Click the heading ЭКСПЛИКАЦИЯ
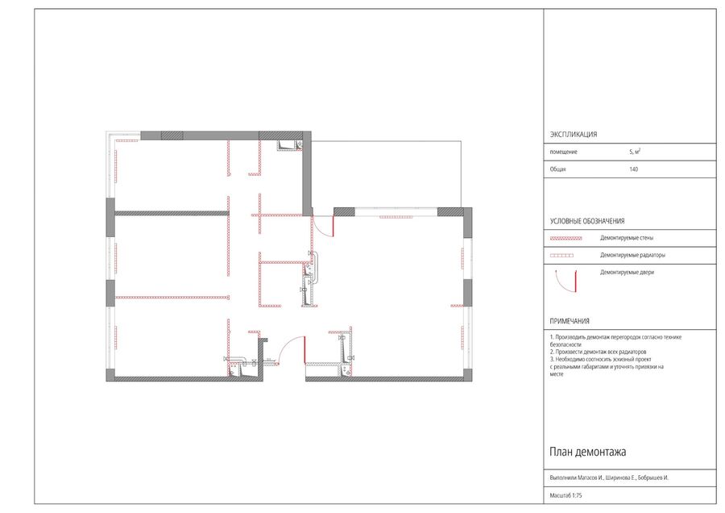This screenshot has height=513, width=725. click(574, 134)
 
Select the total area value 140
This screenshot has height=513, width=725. click(633, 169)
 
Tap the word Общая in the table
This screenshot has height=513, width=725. click(557, 169)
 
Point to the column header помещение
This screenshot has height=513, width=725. click(564, 152)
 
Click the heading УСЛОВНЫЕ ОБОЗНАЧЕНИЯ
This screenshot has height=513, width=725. click(587, 221)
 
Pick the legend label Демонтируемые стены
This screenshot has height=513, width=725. click(627, 238)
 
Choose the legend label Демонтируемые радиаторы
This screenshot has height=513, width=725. click(632, 255)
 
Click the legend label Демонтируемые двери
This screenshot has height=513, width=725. click(627, 273)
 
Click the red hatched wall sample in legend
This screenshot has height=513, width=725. click(566, 239)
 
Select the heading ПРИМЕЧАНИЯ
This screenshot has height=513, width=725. click(570, 321)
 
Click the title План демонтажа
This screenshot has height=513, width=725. click(588, 452)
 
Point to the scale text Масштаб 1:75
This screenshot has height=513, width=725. click(566, 495)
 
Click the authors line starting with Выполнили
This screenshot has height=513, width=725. click(609, 478)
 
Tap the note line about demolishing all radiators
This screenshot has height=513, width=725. click(598, 352)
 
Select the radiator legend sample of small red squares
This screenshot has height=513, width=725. click(561, 256)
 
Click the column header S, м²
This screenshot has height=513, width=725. click(635, 152)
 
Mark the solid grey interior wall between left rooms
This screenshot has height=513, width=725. click(172, 214)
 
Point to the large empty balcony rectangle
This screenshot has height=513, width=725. click(387, 174)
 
